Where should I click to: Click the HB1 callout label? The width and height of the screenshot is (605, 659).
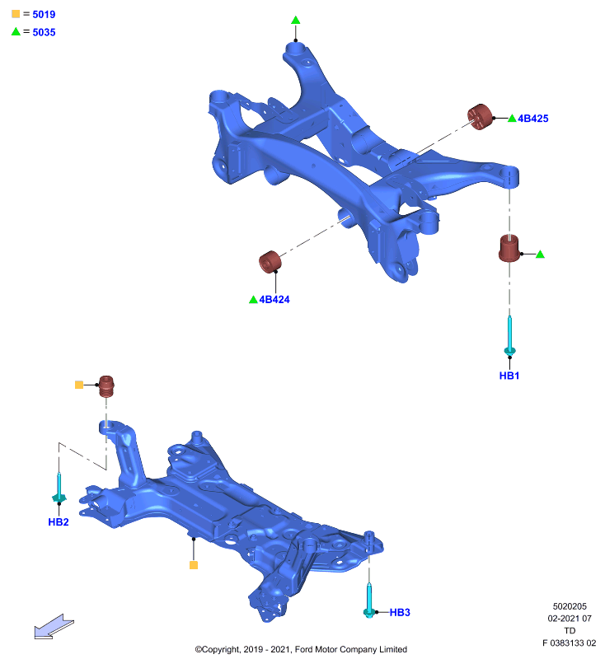pyautogui.click(x=509, y=376)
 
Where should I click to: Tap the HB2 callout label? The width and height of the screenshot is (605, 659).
pyautogui.click(x=58, y=521)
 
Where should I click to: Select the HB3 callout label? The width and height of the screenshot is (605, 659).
pyautogui.click(x=400, y=612)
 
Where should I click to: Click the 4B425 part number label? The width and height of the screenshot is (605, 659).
pyautogui.click(x=532, y=119)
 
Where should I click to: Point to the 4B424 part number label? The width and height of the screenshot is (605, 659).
pyautogui.click(x=274, y=299)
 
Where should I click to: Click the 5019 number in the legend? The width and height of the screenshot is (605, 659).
pyautogui.click(x=44, y=14)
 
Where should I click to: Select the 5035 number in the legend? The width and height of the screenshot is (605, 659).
pyautogui.click(x=44, y=32)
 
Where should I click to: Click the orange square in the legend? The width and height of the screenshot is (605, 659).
pyautogui.click(x=16, y=14)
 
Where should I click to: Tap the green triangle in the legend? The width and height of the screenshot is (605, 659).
pyautogui.click(x=16, y=32)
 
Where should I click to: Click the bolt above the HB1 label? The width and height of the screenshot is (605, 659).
pyautogui.click(x=509, y=336)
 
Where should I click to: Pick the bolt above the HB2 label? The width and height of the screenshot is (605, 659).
pyautogui.click(x=59, y=488)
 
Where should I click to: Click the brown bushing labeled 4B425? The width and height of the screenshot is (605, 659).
pyautogui.click(x=480, y=116)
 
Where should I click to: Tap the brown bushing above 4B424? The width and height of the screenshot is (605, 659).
pyautogui.click(x=270, y=262)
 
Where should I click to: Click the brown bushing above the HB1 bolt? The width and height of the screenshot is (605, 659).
pyautogui.click(x=509, y=248)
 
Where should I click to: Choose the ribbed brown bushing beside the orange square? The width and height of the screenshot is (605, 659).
pyautogui.click(x=106, y=386)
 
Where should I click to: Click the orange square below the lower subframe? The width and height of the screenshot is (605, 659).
pyautogui.click(x=194, y=565)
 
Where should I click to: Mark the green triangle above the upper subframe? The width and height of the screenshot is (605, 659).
pyautogui.click(x=296, y=20)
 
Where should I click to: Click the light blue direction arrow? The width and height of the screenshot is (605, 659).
pyautogui.click(x=54, y=626)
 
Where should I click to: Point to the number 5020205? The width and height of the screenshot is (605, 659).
pyautogui.click(x=570, y=606)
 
